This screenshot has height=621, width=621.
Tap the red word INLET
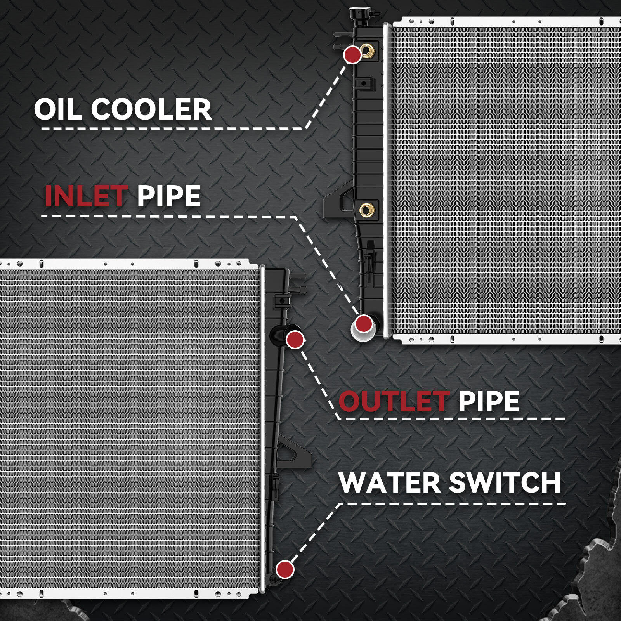coord(86,196)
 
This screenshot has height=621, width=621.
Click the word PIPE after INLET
coord(169,196)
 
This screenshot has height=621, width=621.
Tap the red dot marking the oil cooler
coord(352,55)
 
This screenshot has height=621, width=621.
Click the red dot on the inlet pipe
coord(364,323)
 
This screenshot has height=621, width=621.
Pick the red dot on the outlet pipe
coord(295,340)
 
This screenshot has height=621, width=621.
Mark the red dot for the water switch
coord(285,569)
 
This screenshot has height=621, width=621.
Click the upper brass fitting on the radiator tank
coord(366,50)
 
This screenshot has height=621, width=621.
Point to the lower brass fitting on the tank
coord(365,210)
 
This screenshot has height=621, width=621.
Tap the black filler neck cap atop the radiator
coord(357,13)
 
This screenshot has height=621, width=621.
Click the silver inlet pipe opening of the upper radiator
coord(363,330)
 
